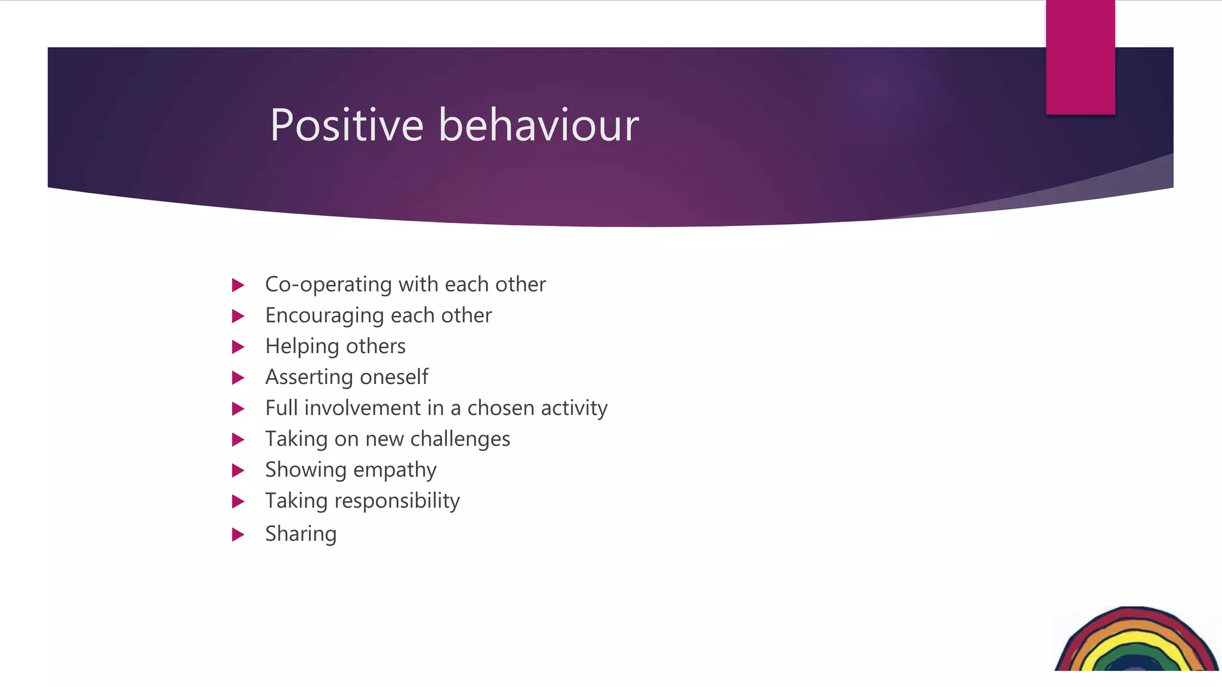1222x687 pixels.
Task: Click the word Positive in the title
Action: [x=347, y=125]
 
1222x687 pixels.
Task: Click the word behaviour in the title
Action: [x=539, y=125]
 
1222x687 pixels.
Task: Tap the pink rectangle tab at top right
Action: [x=1080, y=57]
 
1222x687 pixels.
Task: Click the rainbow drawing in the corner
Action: [x=1137, y=641]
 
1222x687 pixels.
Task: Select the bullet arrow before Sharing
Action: [x=238, y=534]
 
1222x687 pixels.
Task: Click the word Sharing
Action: [x=301, y=534]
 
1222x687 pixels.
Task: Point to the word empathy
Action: [x=400, y=471]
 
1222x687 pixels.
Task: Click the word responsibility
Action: [x=397, y=501]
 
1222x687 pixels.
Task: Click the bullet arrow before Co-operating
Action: [x=238, y=285]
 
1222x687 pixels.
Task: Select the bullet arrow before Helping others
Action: [x=238, y=347]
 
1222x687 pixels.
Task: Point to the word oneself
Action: [x=394, y=377]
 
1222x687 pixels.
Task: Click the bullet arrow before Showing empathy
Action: [x=238, y=471]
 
